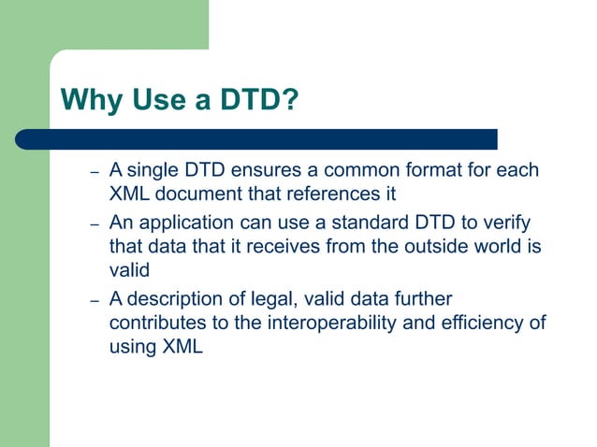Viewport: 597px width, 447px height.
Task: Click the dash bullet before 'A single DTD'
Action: click(94, 174)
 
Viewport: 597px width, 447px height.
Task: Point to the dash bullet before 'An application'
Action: click(94, 226)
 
